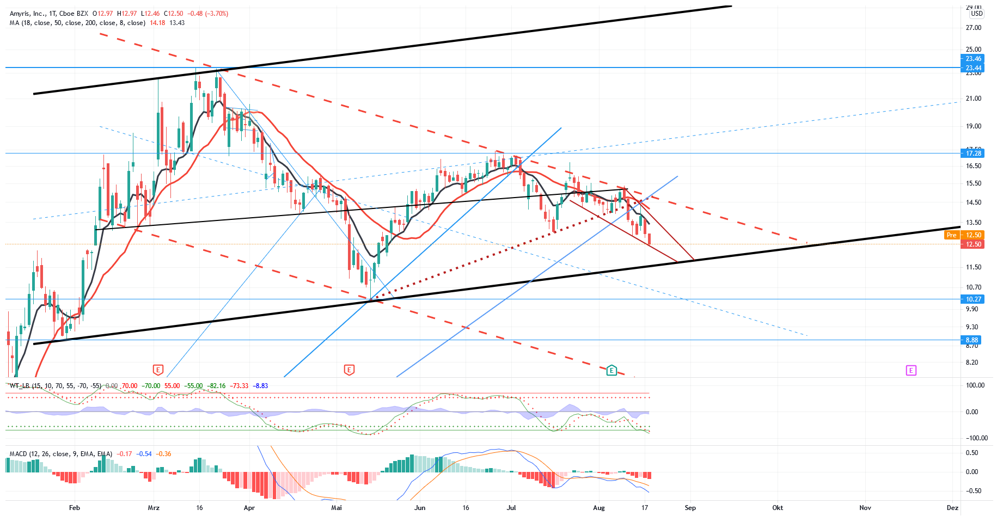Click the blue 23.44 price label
tap(973, 68)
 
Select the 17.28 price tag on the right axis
tap(973, 153)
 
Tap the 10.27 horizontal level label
tap(973, 299)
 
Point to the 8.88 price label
tap(972, 340)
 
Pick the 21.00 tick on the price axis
tap(973, 99)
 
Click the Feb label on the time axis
tap(75, 508)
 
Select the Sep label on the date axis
tap(690, 508)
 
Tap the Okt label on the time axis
tap(778, 508)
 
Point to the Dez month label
tap(952, 508)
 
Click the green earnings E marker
tap(611, 370)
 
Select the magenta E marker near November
tap(911, 370)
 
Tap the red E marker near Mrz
tap(158, 370)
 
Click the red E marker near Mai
tap(349, 370)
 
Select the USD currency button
tap(977, 14)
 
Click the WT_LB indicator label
tap(19, 386)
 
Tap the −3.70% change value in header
tap(216, 14)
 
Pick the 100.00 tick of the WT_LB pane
tap(975, 385)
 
